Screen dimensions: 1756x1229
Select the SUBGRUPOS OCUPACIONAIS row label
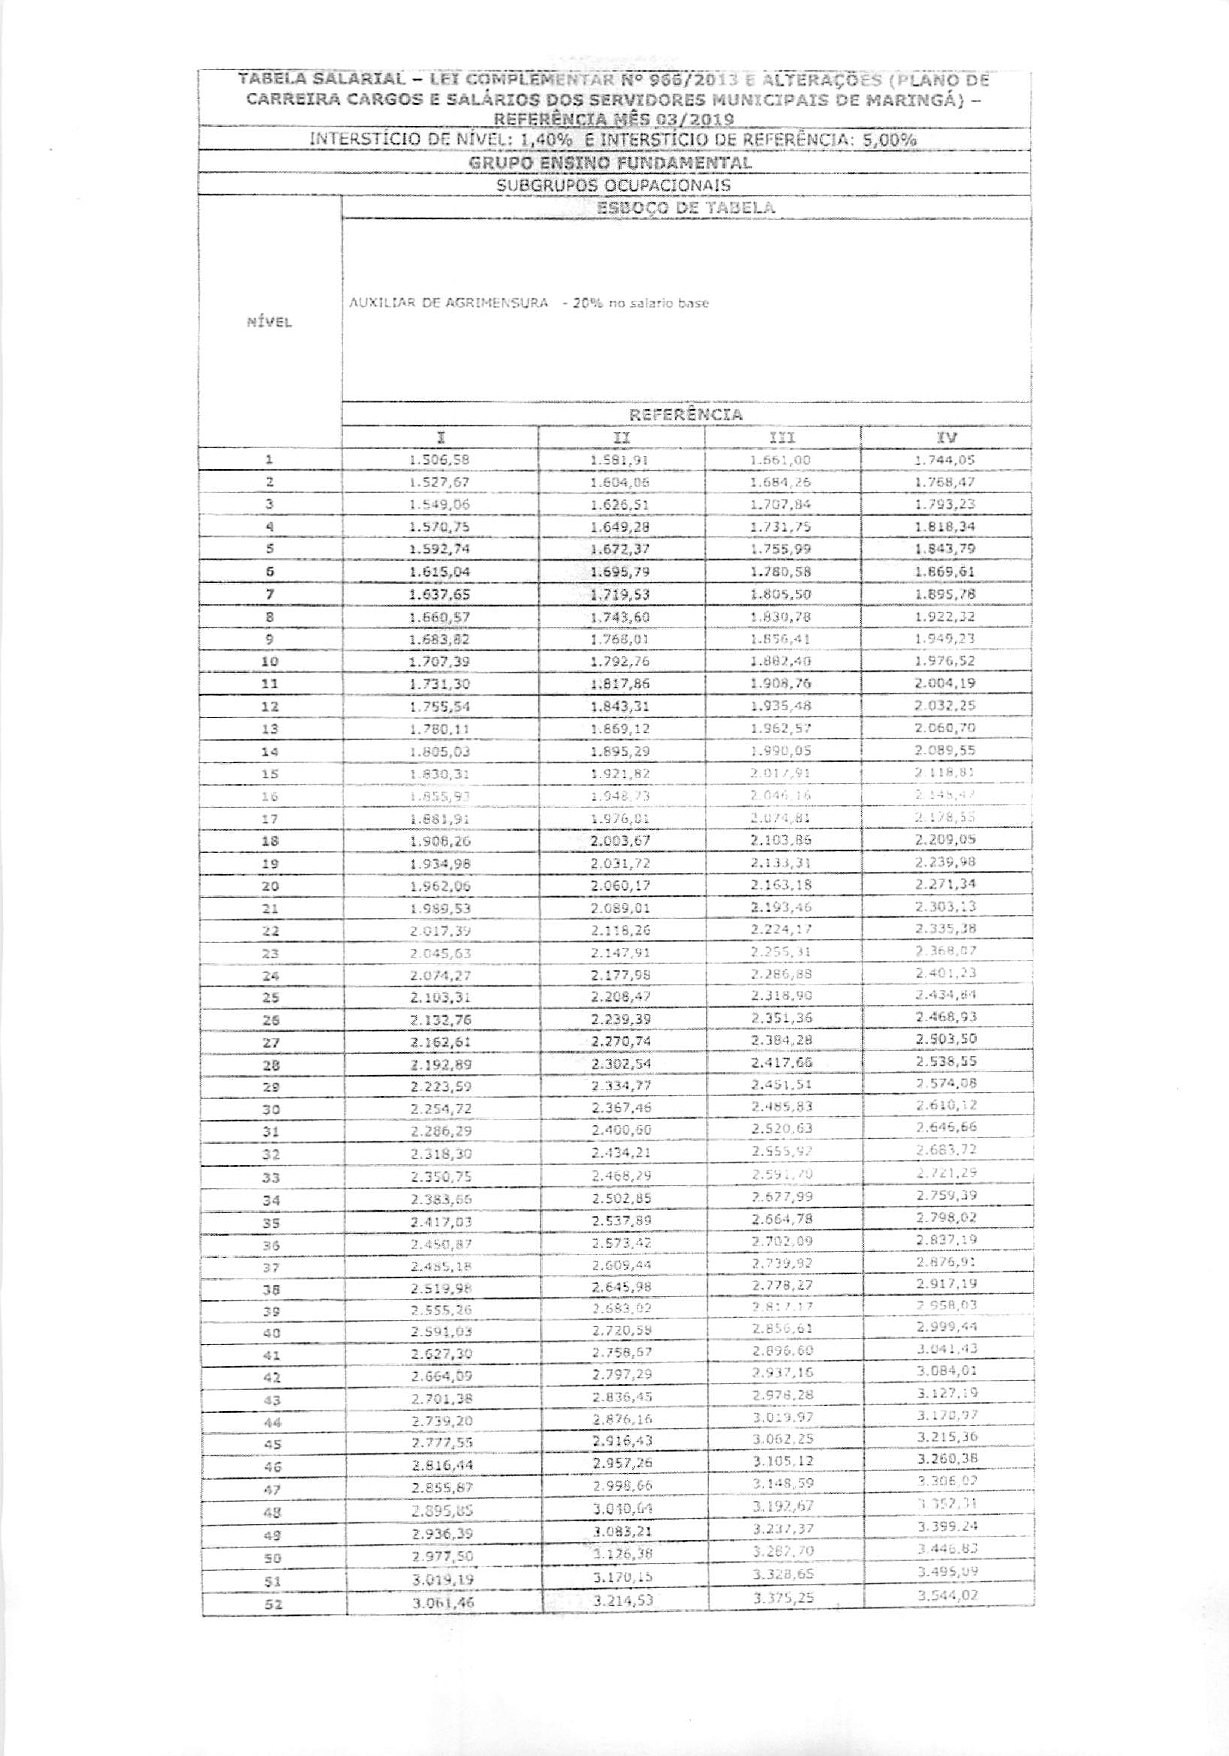613,185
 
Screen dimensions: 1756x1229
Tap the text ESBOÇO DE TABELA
685,208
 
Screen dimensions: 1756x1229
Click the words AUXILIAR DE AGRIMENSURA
447,303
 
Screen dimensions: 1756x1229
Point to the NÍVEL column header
268,323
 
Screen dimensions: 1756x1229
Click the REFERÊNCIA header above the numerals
685,414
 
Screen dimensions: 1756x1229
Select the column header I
440,437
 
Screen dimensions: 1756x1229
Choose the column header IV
945,437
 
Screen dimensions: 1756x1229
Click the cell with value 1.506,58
440,461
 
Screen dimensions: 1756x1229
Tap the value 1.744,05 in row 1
945,461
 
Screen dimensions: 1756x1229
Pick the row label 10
269,662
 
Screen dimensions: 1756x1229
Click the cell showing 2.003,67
620,840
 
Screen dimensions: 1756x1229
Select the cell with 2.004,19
945,684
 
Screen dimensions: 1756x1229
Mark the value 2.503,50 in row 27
945,1041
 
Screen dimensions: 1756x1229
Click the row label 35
269,1223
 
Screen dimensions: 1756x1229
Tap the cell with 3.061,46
440,1602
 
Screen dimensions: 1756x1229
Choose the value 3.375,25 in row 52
783,1599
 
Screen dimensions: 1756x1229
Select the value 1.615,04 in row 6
440,572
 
